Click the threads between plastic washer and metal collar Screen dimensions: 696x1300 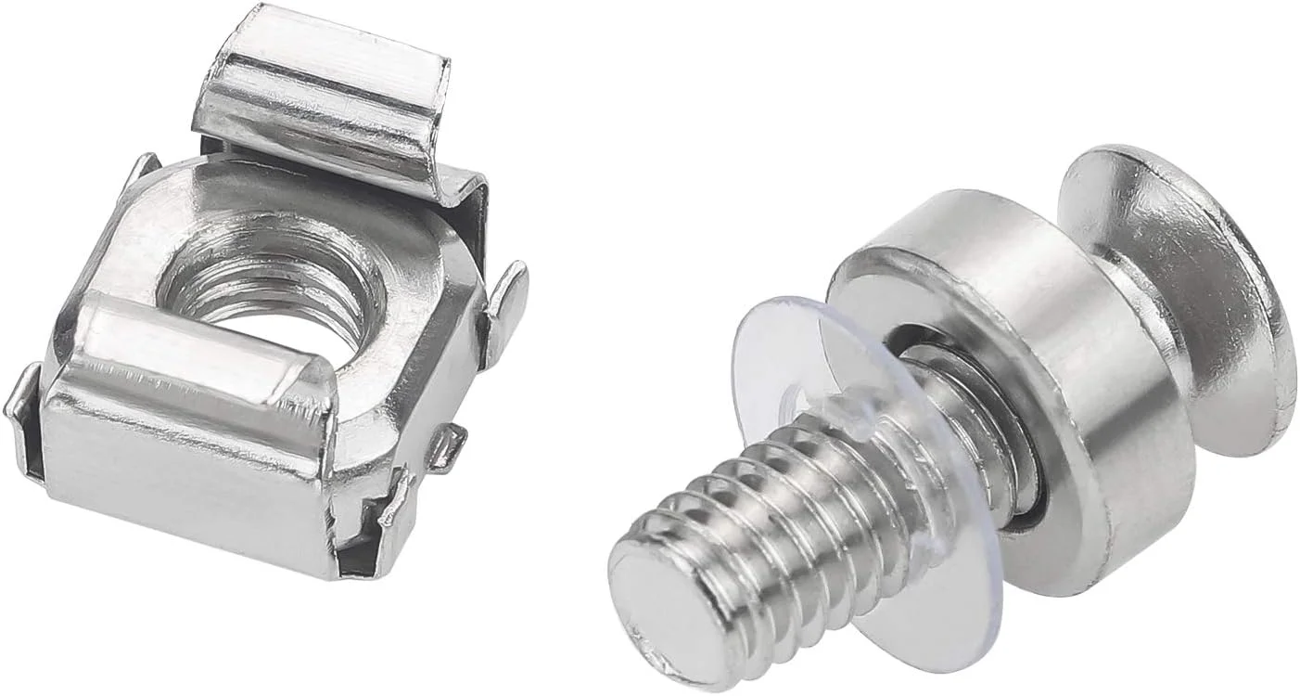pos(964,418)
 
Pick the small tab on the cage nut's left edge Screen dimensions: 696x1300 pos(23,408)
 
